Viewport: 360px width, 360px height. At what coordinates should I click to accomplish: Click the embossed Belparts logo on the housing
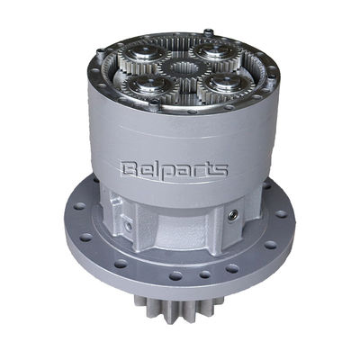(174, 170)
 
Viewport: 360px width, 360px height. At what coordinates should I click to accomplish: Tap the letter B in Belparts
(128, 169)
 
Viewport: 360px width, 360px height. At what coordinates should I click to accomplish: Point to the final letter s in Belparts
(221, 170)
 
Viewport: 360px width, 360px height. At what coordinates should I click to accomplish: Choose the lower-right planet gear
(226, 84)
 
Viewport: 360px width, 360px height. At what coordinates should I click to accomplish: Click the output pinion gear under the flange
(174, 308)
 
